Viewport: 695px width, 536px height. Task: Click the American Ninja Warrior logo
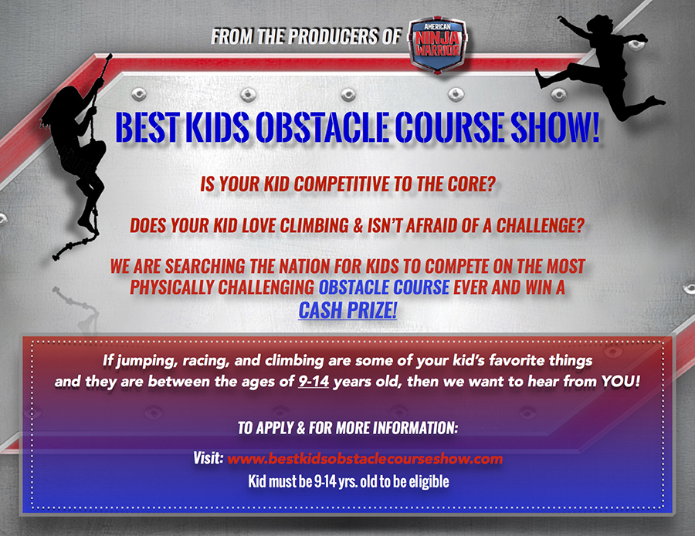coord(437,44)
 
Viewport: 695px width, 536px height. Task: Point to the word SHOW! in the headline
coord(555,127)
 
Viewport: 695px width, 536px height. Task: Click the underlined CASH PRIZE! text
coord(347,310)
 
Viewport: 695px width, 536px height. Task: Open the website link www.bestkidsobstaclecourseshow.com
coord(364,459)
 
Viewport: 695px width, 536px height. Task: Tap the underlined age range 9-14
coord(314,381)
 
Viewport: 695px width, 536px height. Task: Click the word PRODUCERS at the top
coord(333,36)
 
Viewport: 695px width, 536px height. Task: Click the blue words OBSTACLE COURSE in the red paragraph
coord(384,287)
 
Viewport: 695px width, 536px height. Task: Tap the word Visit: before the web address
coord(208,458)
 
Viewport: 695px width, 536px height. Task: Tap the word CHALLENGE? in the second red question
coord(541,226)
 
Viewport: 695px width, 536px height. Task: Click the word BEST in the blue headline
coord(147,127)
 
